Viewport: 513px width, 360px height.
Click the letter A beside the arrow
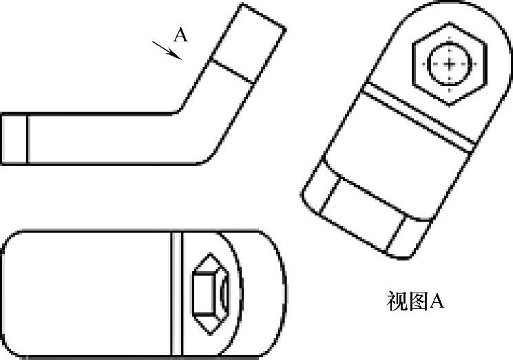[x=180, y=36]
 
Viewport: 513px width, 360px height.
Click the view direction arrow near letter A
[x=167, y=50]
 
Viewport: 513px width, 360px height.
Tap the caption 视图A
[x=414, y=301]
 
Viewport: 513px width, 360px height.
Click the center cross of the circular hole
[x=450, y=65]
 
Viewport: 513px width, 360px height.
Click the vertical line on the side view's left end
[x=28, y=138]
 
